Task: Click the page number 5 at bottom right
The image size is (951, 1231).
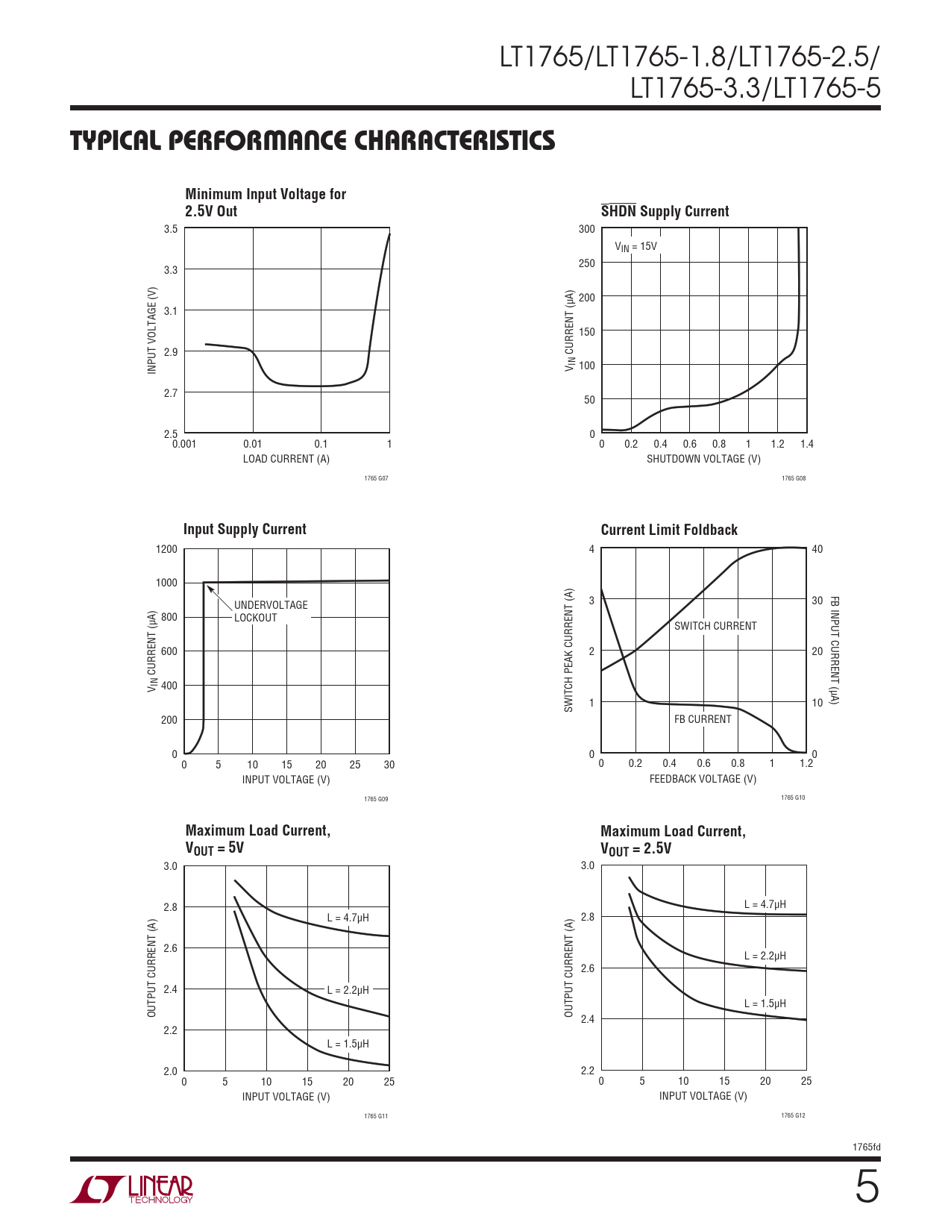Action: (866, 1187)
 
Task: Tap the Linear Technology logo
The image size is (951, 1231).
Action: (132, 1189)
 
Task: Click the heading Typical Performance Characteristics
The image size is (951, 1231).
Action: (313, 141)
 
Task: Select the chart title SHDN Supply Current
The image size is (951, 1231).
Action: (665, 211)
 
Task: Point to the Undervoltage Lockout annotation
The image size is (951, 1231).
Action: (270, 611)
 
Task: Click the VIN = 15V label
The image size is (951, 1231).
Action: (635, 246)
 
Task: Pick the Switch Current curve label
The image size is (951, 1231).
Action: (715, 626)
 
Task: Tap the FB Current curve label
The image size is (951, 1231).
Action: (703, 719)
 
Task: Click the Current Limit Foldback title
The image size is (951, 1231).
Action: (669, 530)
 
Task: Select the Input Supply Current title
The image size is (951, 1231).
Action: (245, 529)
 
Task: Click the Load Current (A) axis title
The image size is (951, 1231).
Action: (286, 459)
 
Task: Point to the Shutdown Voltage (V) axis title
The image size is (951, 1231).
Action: (703, 459)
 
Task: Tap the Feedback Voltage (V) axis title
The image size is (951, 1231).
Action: (703, 779)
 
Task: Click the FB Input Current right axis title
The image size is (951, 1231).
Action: (835, 650)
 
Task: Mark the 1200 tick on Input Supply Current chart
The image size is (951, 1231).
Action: (166, 549)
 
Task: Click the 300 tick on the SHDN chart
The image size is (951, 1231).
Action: (587, 229)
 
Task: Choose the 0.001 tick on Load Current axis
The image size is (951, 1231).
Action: (184, 444)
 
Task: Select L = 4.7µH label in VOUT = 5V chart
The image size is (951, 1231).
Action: (348, 918)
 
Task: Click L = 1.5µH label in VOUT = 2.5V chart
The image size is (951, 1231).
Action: (765, 1003)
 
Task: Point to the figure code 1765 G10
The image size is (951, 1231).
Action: (793, 798)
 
